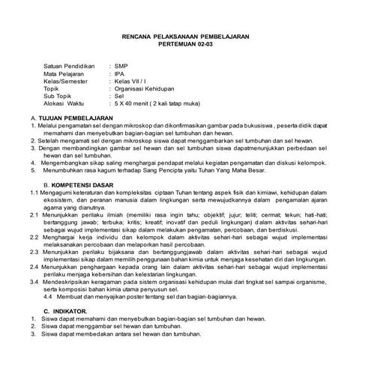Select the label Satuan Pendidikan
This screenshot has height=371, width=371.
[70, 67]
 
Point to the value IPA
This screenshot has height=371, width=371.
[120, 75]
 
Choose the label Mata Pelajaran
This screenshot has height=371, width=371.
[65, 75]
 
